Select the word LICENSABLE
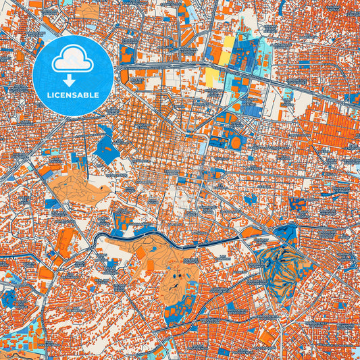point(72,95)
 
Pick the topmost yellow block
point(229,45)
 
